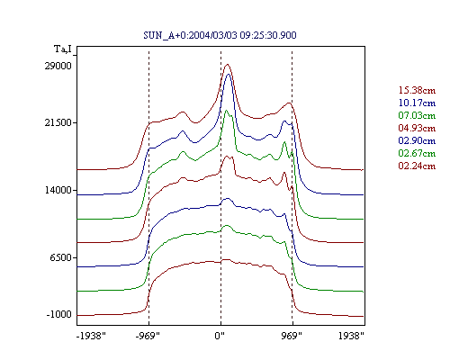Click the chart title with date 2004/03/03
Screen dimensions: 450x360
click(x=220, y=35)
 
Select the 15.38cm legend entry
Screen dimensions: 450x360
click(x=417, y=90)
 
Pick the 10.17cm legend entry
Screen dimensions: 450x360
click(x=417, y=103)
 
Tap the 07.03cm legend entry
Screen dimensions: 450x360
click(x=417, y=115)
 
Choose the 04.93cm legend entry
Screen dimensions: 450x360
click(x=417, y=128)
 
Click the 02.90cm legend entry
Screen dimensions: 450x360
click(x=417, y=140)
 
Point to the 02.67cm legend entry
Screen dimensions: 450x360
click(x=417, y=153)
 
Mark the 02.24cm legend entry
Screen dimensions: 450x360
click(x=417, y=166)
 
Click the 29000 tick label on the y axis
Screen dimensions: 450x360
click(x=58, y=66)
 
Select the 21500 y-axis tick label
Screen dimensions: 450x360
click(x=58, y=122)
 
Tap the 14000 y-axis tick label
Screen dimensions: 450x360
click(x=58, y=190)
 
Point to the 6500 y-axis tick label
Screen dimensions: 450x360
click(x=61, y=257)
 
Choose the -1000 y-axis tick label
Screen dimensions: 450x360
click(x=59, y=315)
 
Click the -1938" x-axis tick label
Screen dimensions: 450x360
click(x=91, y=336)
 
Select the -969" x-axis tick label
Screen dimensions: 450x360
click(x=148, y=336)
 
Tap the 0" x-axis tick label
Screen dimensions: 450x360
click(x=220, y=336)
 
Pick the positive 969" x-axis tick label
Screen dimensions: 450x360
click(x=292, y=336)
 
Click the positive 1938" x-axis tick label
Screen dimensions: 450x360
click(x=351, y=336)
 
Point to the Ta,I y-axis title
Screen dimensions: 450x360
click(x=63, y=49)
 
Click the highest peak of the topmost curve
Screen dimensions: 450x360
click(x=228, y=64)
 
